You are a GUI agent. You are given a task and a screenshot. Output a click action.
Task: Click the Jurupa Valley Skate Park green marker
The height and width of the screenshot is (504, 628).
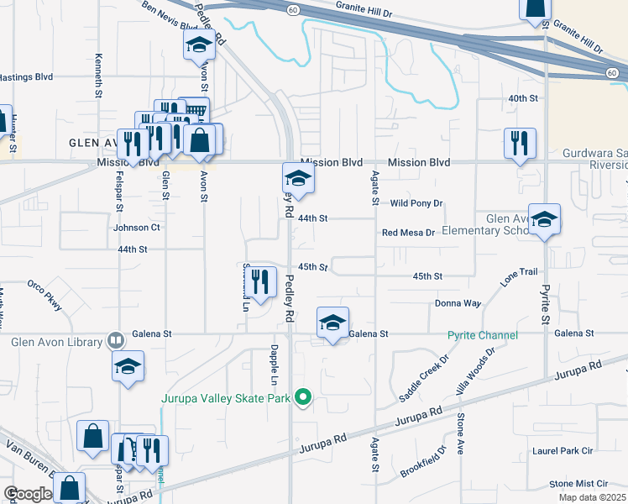305,398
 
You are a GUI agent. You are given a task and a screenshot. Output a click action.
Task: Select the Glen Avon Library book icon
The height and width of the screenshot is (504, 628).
116,341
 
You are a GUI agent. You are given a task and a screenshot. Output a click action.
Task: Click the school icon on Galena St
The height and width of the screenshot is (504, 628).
333,323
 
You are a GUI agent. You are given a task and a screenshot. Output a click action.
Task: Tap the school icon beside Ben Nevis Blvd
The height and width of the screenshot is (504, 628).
200,45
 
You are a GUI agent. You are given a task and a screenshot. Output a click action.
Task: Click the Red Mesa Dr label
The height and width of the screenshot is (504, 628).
409,233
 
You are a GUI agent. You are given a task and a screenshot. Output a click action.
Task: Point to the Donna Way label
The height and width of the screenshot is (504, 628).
458,303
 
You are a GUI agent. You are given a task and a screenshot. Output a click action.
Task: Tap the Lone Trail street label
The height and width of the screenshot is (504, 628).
519,278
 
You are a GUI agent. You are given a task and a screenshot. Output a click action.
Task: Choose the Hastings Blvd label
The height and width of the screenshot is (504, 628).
26,76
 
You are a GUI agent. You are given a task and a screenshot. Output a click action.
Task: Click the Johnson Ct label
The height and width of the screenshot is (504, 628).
137,228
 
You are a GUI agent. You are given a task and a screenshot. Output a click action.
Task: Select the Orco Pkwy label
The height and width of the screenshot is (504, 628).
45,295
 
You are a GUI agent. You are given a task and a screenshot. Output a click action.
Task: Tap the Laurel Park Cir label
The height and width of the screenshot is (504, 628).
563,451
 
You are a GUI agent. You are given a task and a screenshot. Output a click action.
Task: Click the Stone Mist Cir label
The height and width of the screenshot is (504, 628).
578,484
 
